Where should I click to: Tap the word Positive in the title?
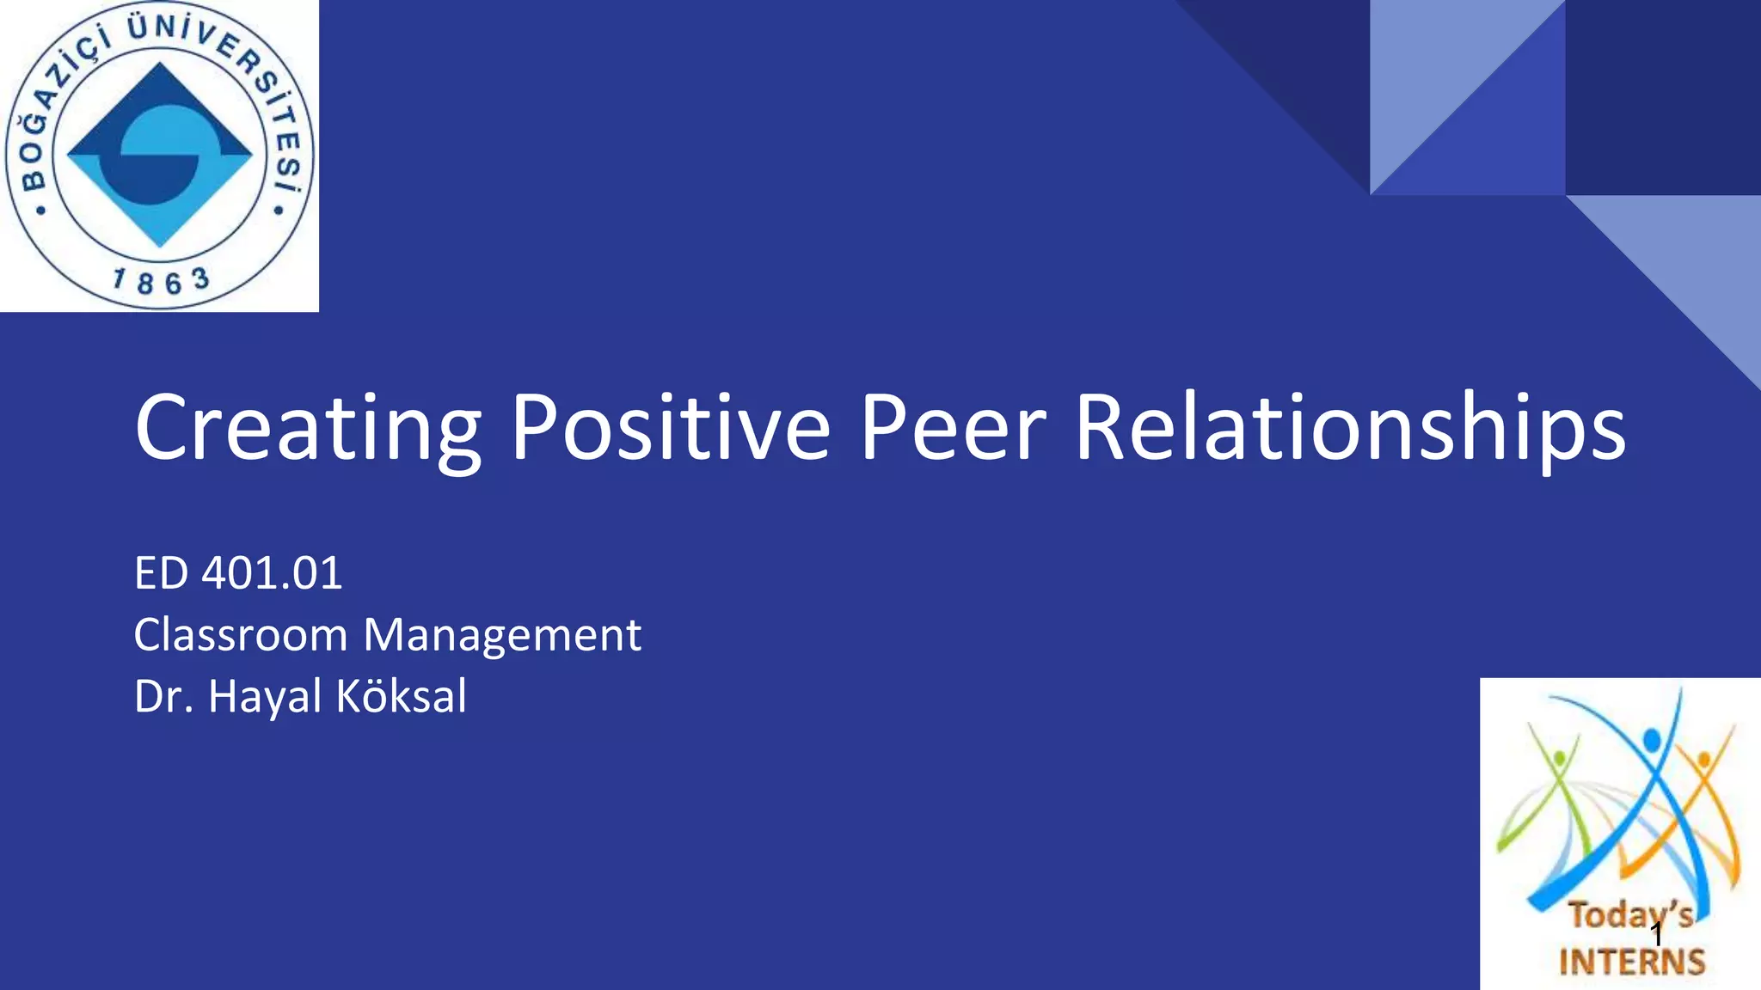pyautogui.click(x=671, y=427)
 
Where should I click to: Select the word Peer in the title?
pyautogui.click(x=953, y=427)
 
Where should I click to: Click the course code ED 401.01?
pyautogui.click(x=238, y=573)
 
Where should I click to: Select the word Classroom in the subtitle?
pyautogui.click(x=241, y=635)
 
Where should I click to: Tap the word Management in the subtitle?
pyautogui.click(x=502, y=637)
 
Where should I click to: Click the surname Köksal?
pyautogui.click(x=402, y=696)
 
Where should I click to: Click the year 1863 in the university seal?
pyautogui.click(x=161, y=280)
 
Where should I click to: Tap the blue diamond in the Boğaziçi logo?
pyautogui.click(x=160, y=156)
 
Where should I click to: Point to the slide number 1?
pyautogui.click(x=1656, y=935)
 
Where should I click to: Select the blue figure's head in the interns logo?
pyautogui.click(x=1652, y=739)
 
